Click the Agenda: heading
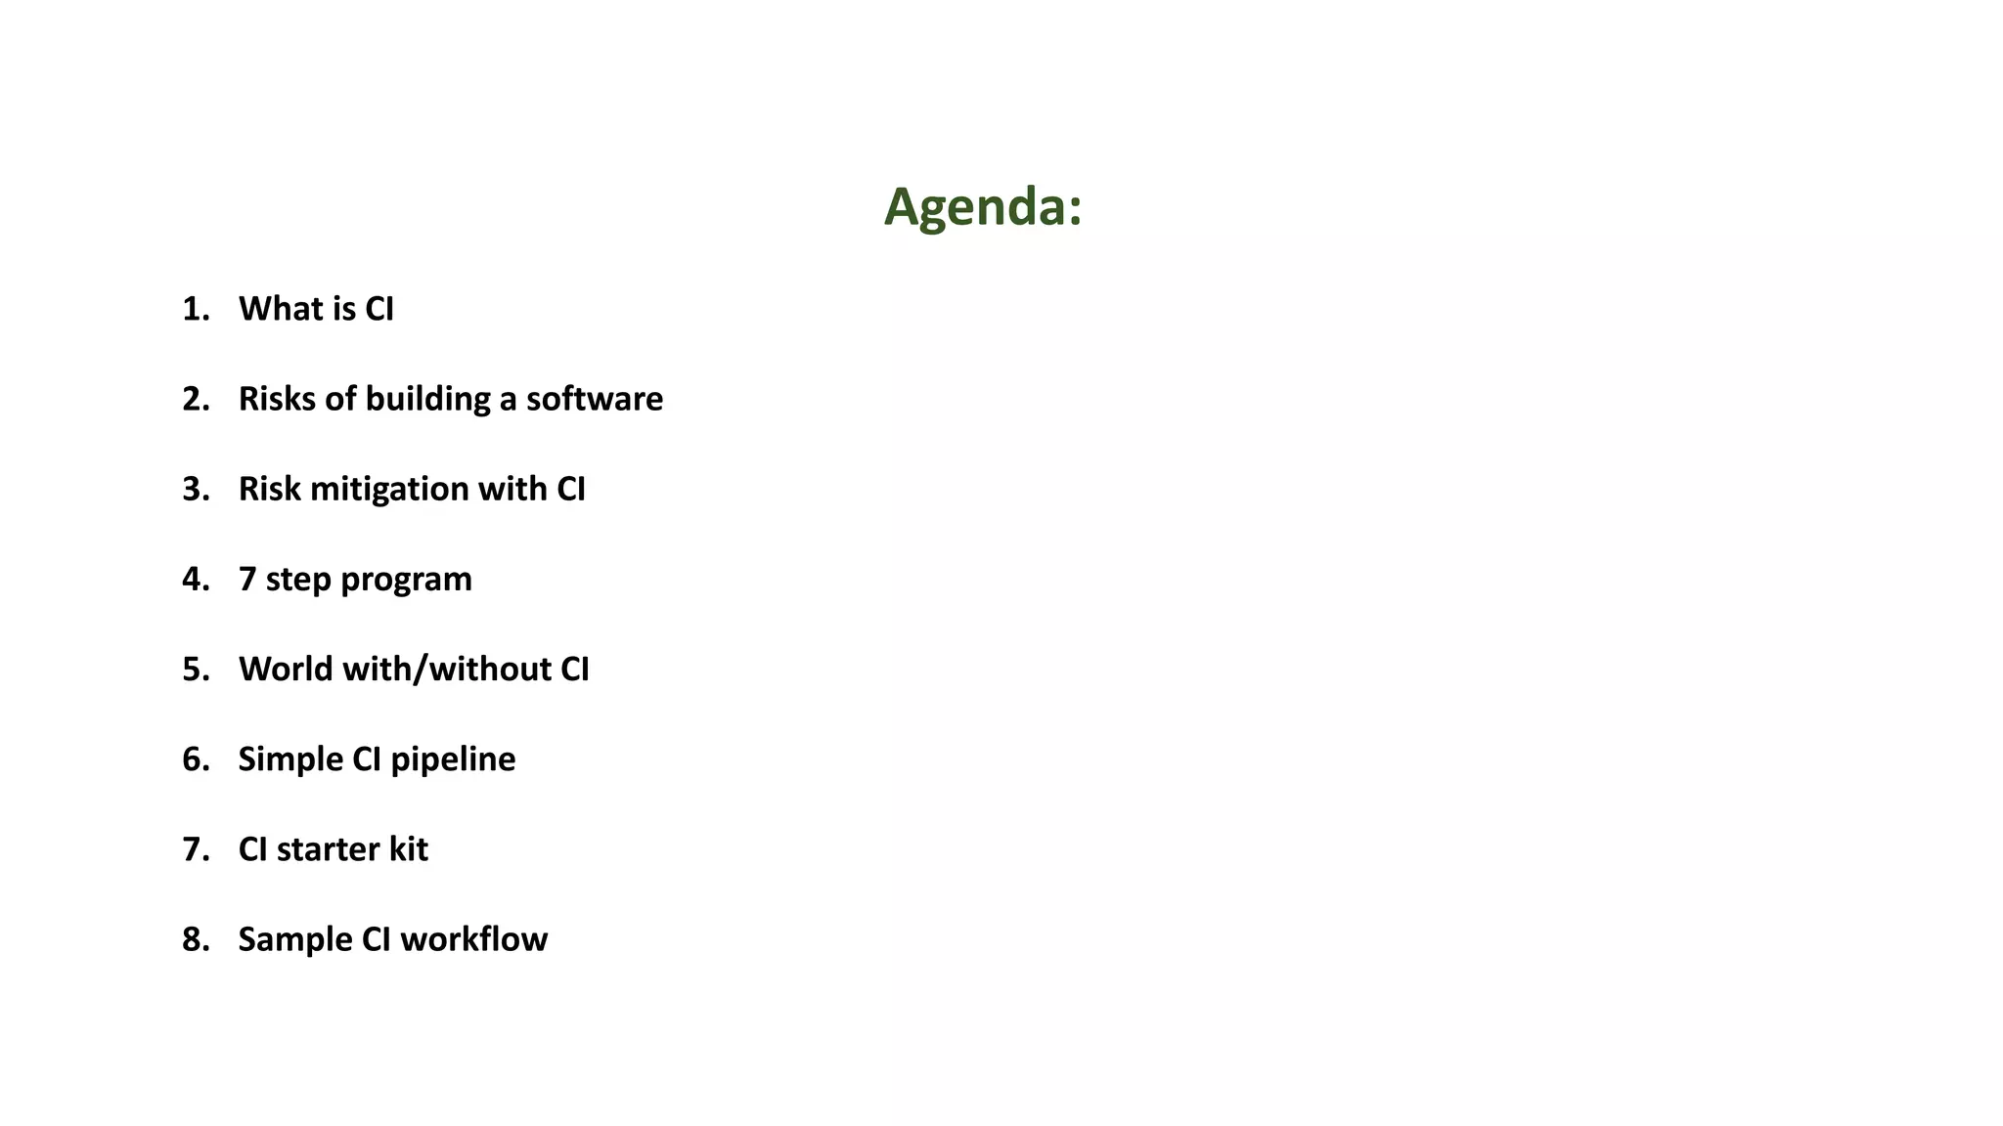tap(983, 207)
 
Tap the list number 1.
tap(194, 309)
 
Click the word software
tap(595, 399)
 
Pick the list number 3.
tap(194, 489)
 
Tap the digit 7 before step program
tap(247, 579)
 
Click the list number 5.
tap(194, 669)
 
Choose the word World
tap(286, 669)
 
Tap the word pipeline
tap(453, 759)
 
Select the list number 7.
tap(194, 848)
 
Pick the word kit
tap(408, 848)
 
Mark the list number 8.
tap(194, 938)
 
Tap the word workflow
tap(473, 938)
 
